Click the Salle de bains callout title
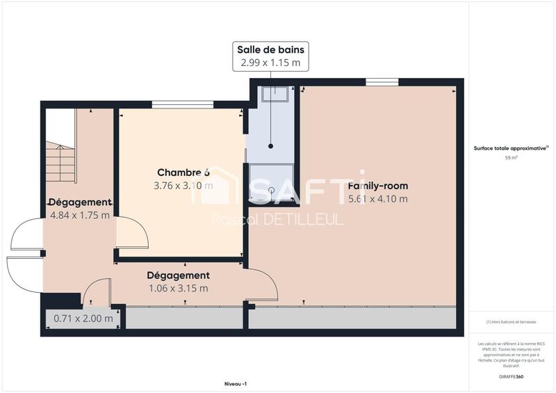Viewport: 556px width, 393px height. (270, 49)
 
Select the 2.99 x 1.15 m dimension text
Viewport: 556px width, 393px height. (270, 63)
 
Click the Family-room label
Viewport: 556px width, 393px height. (377, 186)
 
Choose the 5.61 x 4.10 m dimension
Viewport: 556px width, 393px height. (377, 199)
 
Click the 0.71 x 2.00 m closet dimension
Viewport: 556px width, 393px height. (83, 319)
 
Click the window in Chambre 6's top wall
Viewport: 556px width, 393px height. (183, 105)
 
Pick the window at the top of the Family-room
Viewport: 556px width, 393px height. (382, 83)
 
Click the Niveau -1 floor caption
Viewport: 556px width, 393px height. (236, 383)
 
